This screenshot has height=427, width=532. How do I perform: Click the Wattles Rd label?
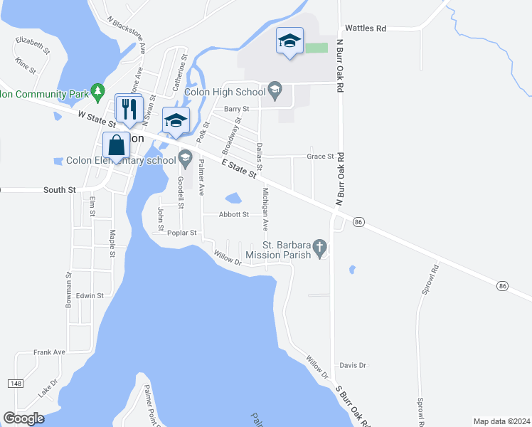365,28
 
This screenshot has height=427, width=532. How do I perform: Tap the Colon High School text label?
224,91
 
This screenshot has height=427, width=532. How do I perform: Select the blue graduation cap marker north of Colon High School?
289,41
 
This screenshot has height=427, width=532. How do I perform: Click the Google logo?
23,418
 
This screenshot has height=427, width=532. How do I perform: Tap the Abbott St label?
234,214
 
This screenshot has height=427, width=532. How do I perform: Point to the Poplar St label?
181,233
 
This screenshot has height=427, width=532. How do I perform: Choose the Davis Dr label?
352,365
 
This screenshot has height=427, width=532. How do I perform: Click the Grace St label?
320,156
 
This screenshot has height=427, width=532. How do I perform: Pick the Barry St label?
236,109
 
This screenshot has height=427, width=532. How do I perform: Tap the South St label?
59,190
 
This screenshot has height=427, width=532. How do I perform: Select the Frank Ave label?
49,352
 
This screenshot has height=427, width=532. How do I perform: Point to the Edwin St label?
90,295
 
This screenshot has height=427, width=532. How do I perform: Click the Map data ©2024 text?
501,421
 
